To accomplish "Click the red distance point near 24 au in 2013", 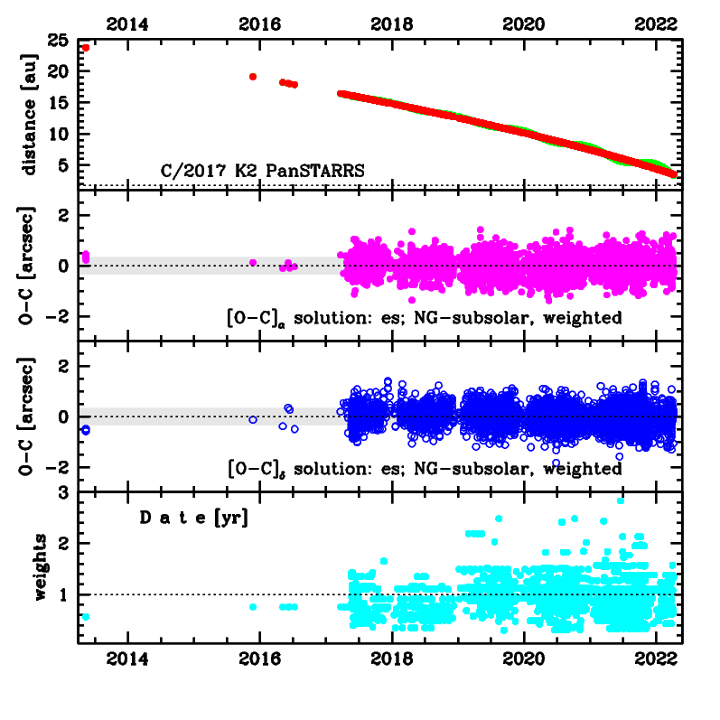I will tap(86, 48).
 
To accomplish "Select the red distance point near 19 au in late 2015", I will tap(253, 77).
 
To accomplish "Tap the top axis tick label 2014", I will tap(127, 23).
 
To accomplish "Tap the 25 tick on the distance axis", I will tap(61, 41).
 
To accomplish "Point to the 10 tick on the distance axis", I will tap(61, 134).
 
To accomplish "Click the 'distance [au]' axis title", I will tap(30, 114).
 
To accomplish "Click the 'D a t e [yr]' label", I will tap(193, 519).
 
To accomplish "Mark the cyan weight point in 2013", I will tap(86, 617).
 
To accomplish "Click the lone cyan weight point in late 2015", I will tap(253, 607).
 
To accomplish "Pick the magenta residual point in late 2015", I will tap(253, 262).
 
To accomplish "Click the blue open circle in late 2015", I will tap(253, 420).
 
